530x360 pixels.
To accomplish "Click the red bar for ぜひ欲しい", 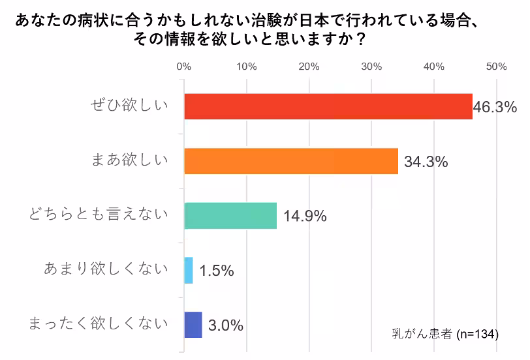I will (x=328, y=106).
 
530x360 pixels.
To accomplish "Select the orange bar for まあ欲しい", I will (x=291, y=161).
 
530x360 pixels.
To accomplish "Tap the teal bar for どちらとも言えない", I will (x=230, y=216).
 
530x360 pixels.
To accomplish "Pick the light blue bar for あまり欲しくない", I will (x=189, y=270).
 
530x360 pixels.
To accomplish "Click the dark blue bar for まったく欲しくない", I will (x=193, y=325).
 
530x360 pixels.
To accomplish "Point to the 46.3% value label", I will (x=495, y=107).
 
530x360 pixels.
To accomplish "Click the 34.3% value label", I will (x=426, y=162).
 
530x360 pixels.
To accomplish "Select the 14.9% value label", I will (x=304, y=217).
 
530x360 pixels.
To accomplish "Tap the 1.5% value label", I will (x=216, y=271).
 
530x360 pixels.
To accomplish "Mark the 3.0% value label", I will (x=225, y=325).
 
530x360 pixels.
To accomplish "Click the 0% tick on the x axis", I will (x=184, y=67).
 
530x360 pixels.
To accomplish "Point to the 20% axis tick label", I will (x=309, y=67).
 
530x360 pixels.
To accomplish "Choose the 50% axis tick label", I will (x=496, y=67).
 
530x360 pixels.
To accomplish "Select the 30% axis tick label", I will (x=371, y=67).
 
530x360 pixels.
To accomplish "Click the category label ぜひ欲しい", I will (x=129, y=106).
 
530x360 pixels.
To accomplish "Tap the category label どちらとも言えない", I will (x=98, y=215).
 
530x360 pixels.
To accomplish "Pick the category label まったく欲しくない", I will (x=99, y=323).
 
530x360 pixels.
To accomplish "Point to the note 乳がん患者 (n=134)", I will (x=444, y=334).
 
